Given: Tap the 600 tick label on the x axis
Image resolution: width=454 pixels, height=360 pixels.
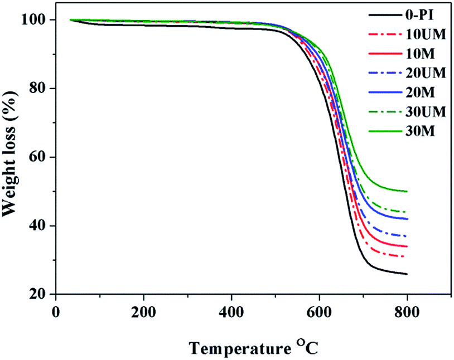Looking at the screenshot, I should (x=319, y=310).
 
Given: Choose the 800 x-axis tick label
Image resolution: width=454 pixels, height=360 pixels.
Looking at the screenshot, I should (x=407, y=310).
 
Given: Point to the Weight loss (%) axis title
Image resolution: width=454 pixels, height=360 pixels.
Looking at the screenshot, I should (x=12, y=157).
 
